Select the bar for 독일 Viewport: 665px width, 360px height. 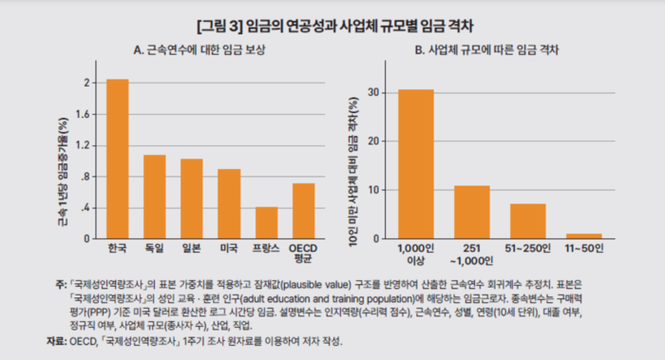(154, 196)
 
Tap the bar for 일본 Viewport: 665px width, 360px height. (191, 198)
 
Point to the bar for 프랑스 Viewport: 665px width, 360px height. (266, 222)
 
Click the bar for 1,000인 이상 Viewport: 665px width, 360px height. (416, 163)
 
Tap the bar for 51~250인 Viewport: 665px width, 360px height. (527, 220)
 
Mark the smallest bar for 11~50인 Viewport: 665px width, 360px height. (583, 236)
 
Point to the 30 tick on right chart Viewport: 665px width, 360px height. (376, 93)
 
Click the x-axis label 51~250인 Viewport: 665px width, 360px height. (527, 249)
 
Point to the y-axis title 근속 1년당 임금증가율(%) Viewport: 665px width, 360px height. (63, 161)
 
